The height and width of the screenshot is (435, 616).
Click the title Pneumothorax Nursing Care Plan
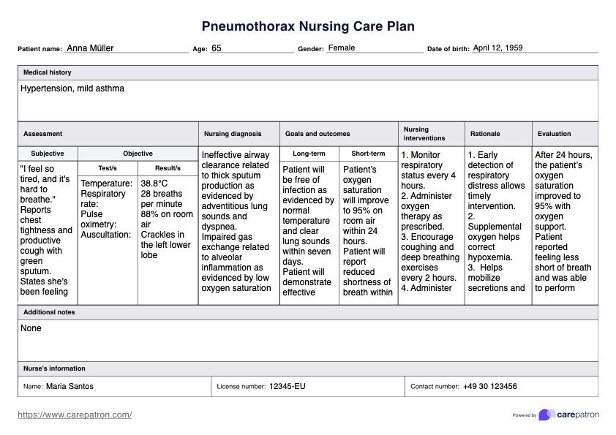[x=308, y=27]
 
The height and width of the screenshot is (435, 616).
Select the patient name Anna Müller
[x=90, y=48]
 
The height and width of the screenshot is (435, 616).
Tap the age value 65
[x=217, y=48]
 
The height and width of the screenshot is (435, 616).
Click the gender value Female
[x=342, y=48]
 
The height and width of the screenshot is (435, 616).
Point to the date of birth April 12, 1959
[x=498, y=48]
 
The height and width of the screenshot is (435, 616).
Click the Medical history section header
[x=48, y=73]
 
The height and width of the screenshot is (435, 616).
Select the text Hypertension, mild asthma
[x=72, y=88]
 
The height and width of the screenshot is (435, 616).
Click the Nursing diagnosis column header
[x=233, y=134]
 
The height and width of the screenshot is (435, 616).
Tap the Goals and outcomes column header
[x=318, y=134]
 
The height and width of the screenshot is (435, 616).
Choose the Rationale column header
[x=485, y=134]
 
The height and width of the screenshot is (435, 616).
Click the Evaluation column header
[x=555, y=134]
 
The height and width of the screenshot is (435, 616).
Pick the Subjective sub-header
[x=48, y=154]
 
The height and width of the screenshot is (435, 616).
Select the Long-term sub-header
[x=309, y=154]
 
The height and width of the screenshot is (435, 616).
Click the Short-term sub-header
[x=368, y=154]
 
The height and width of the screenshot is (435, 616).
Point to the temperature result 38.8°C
[x=154, y=184]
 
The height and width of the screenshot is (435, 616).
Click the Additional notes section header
[x=49, y=312]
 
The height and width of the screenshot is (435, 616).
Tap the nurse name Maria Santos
[x=70, y=386]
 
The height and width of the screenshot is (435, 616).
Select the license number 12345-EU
[x=288, y=386]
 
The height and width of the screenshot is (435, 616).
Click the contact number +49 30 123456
[x=490, y=386]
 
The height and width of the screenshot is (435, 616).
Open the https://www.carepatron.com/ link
[x=75, y=415]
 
